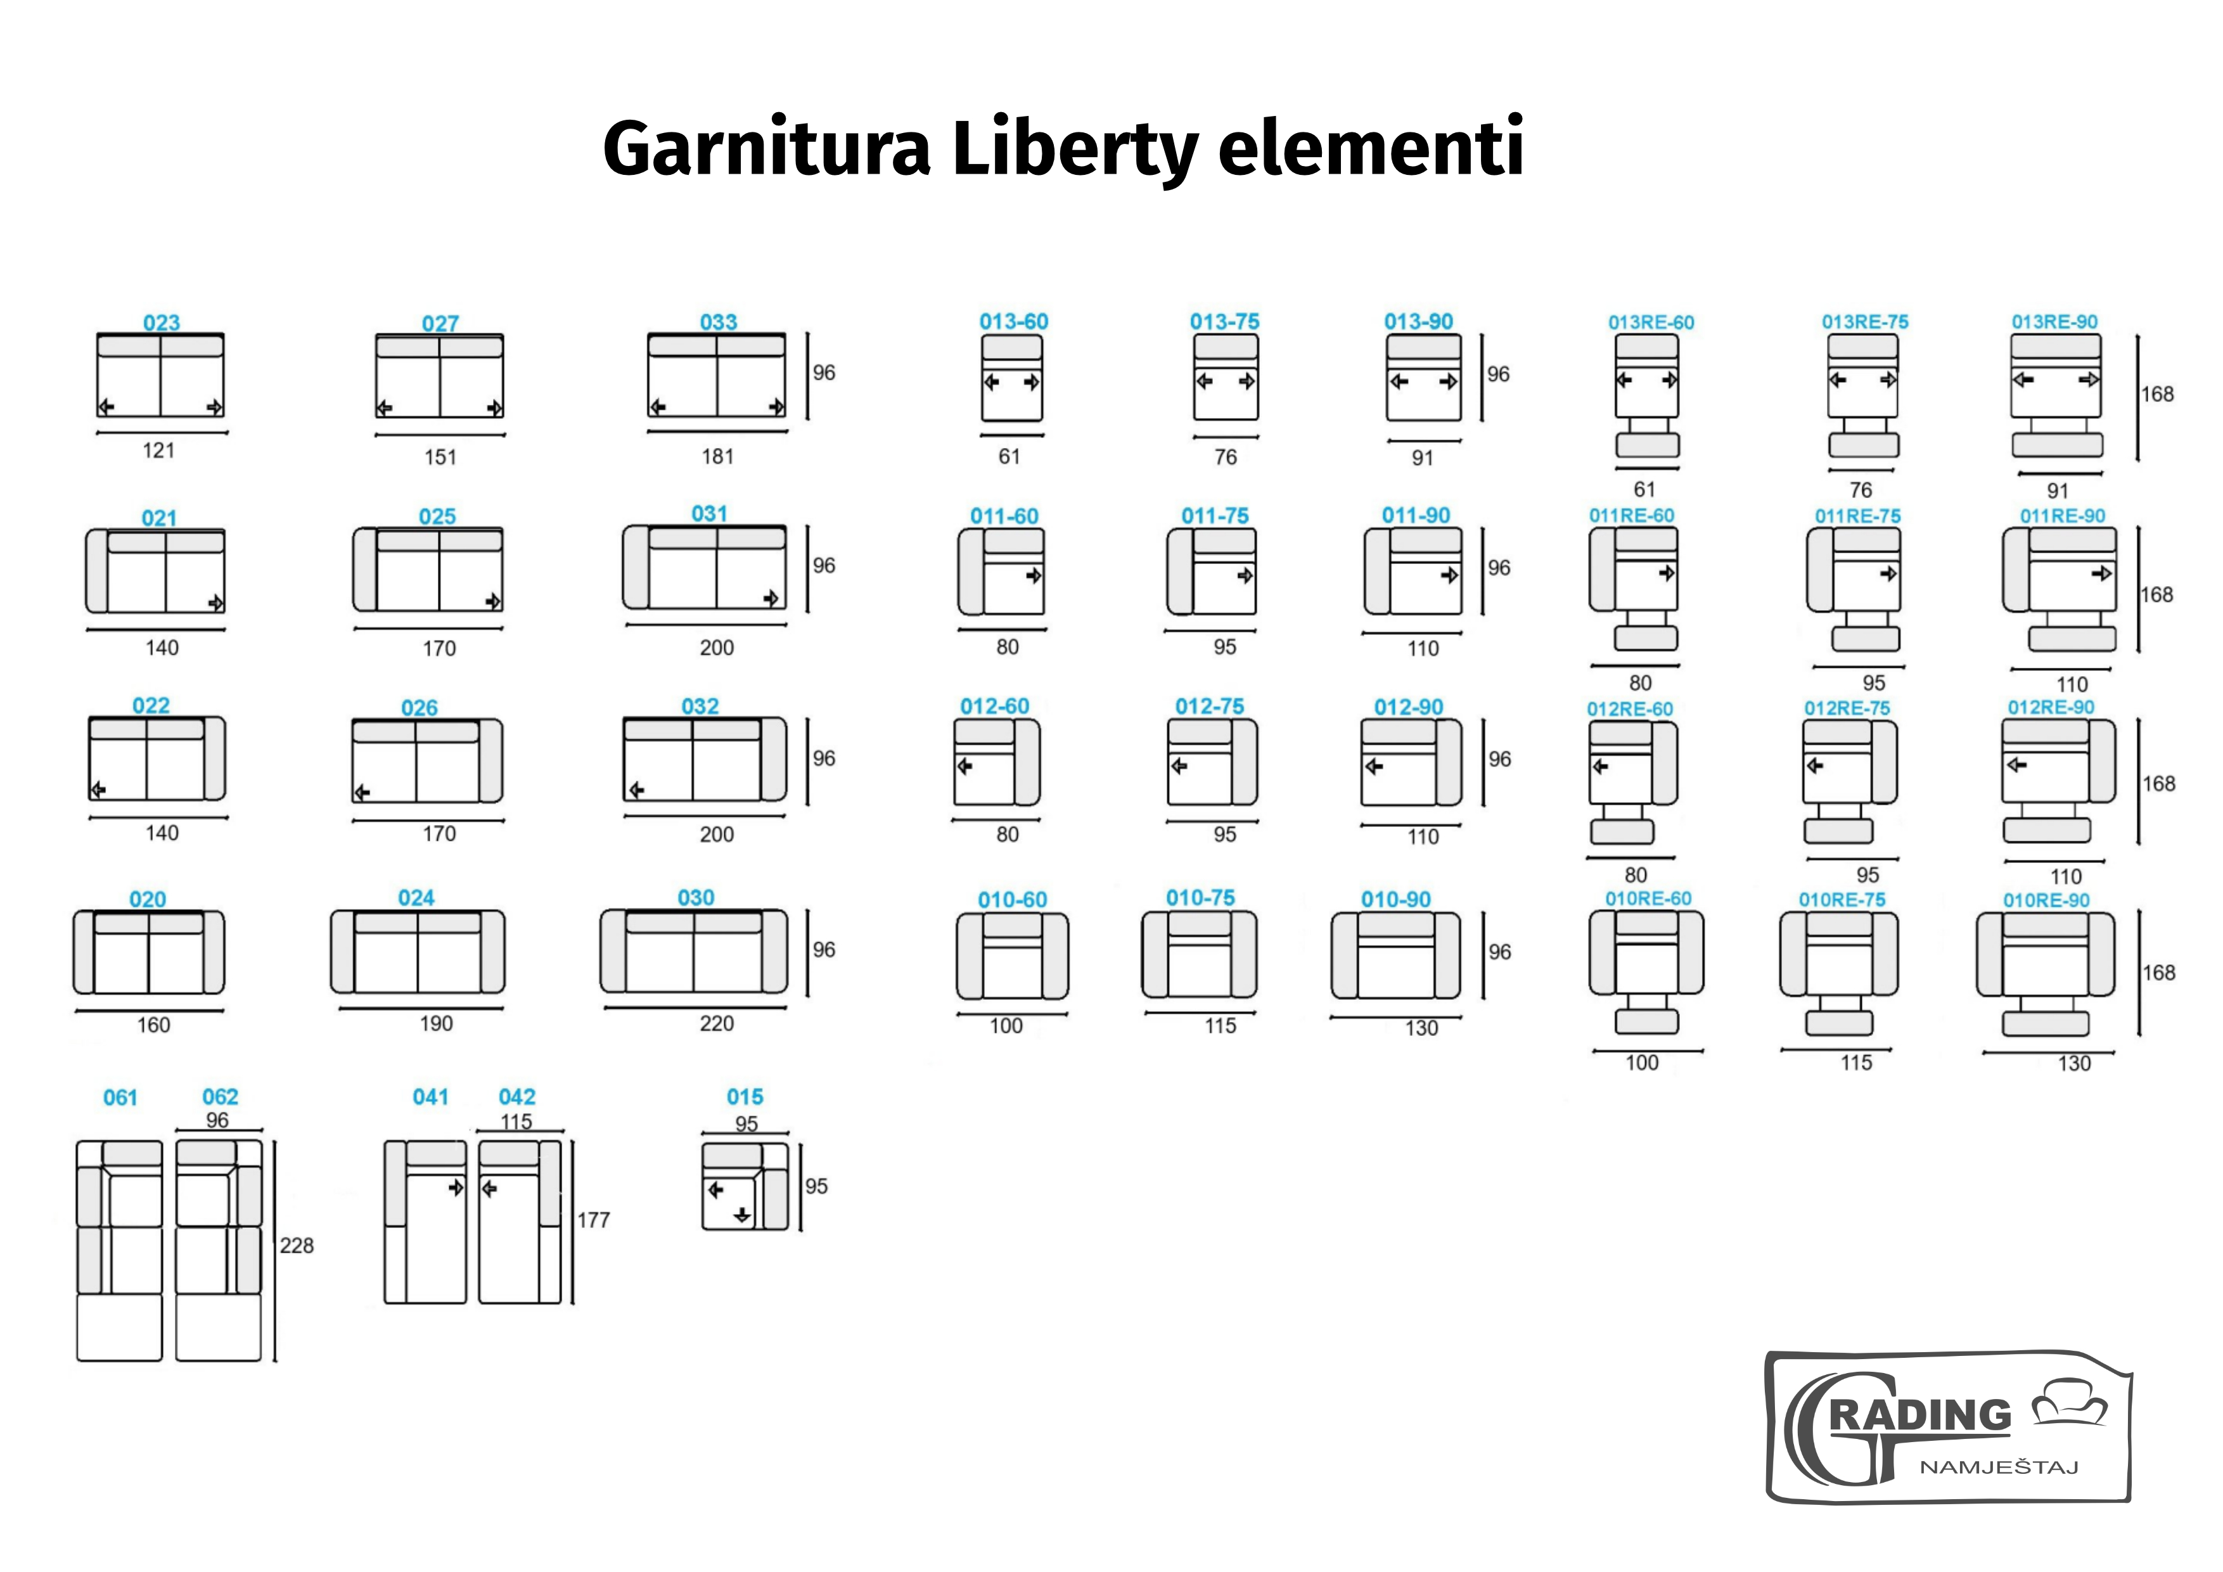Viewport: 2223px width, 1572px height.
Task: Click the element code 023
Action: click(x=162, y=323)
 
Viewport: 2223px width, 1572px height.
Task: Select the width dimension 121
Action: click(x=159, y=450)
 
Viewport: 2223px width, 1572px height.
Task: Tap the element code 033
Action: click(x=719, y=321)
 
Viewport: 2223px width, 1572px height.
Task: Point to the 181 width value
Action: click(x=717, y=456)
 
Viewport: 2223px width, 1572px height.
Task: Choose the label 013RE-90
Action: click(x=2054, y=321)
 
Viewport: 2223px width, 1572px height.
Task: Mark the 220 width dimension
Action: click(x=717, y=1023)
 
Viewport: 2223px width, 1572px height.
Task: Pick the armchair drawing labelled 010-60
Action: click(x=1013, y=956)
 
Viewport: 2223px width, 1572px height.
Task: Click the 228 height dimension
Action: click(x=297, y=1246)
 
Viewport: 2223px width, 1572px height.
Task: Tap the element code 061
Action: click(x=120, y=1097)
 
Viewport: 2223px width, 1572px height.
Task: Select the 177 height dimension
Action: click(x=594, y=1220)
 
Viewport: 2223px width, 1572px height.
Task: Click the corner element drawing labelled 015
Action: click(x=745, y=1185)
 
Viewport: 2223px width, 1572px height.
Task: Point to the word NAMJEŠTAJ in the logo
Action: click(x=1999, y=1466)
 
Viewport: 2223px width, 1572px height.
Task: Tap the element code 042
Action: click(x=517, y=1097)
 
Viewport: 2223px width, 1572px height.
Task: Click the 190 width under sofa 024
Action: click(x=436, y=1023)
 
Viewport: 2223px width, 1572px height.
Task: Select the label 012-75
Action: click(x=1209, y=706)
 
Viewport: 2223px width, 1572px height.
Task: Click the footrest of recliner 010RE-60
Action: click(x=1647, y=1021)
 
